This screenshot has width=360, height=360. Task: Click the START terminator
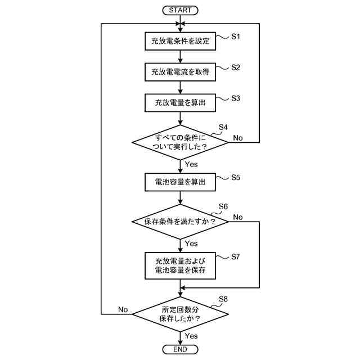(x=180, y=10)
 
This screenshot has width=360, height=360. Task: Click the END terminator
(x=180, y=350)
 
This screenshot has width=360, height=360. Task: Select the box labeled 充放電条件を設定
(x=180, y=41)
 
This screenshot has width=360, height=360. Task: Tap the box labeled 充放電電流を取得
(x=180, y=72)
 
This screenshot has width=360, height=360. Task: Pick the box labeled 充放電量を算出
(x=180, y=103)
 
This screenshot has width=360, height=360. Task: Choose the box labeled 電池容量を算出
(x=180, y=182)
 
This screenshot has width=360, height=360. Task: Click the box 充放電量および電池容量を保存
(x=180, y=266)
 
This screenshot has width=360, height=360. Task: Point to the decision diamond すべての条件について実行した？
(x=180, y=142)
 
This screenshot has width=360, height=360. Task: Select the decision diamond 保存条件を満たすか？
(x=180, y=222)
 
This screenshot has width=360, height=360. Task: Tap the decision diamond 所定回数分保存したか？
(x=180, y=314)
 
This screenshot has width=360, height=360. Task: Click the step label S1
(x=236, y=37)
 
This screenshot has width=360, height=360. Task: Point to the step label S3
(x=236, y=98)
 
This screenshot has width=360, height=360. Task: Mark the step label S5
(x=236, y=178)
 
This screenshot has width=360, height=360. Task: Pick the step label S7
(x=236, y=256)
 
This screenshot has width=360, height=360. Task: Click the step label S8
(x=223, y=299)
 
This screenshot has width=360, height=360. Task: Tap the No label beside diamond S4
(x=238, y=138)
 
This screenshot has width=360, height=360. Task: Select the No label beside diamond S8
(x=123, y=310)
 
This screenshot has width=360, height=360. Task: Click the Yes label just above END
(x=191, y=336)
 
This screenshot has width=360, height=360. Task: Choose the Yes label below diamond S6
(x=191, y=244)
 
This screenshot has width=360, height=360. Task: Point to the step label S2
(x=236, y=67)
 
